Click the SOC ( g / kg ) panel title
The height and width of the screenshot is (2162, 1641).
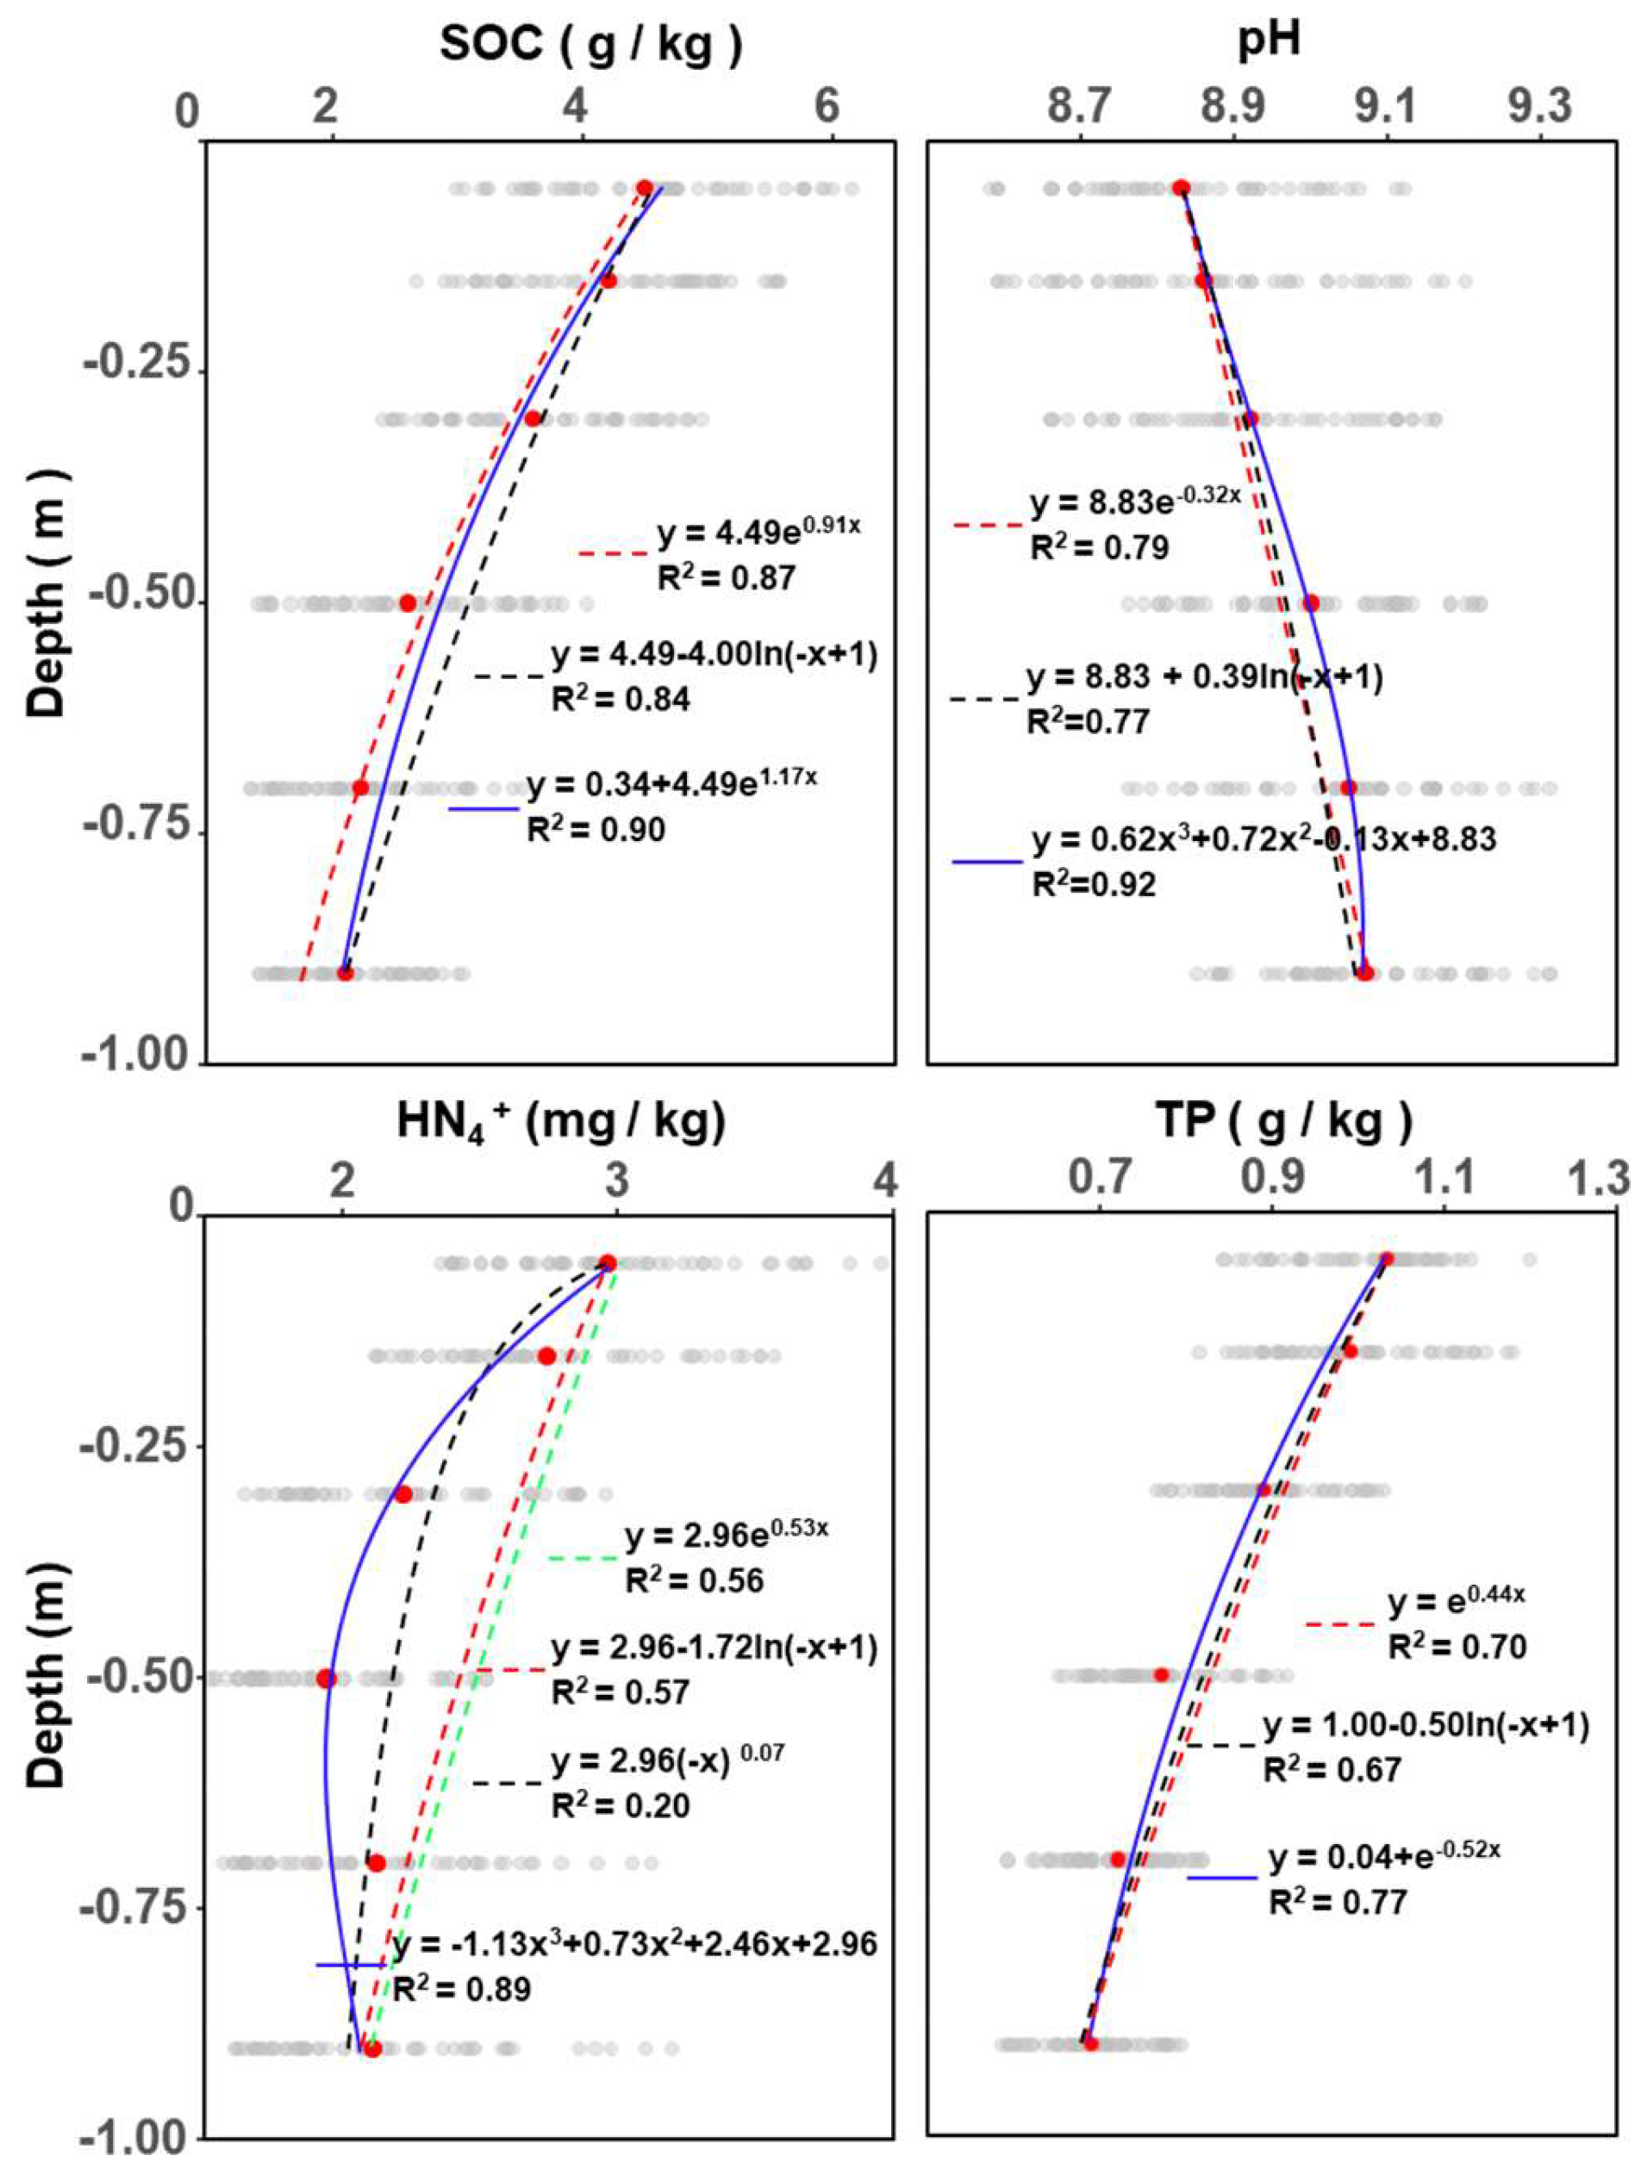(x=591, y=46)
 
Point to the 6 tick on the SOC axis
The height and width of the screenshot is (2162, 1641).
(x=828, y=106)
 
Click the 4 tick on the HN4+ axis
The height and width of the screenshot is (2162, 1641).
(x=885, y=1181)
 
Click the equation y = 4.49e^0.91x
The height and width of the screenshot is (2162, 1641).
(x=758, y=532)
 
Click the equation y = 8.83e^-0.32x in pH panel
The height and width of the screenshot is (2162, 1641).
(x=1135, y=503)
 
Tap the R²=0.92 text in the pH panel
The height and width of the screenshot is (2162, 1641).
(x=1094, y=883)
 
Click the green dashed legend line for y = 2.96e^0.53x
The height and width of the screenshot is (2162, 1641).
(x=583, y=1557)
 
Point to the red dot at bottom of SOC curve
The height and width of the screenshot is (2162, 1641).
(x=345, y=973)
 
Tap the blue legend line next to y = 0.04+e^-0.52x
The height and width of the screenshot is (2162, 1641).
(x=1222, y=1878)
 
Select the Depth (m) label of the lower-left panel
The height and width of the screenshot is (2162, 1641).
(x=46, y=1675)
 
